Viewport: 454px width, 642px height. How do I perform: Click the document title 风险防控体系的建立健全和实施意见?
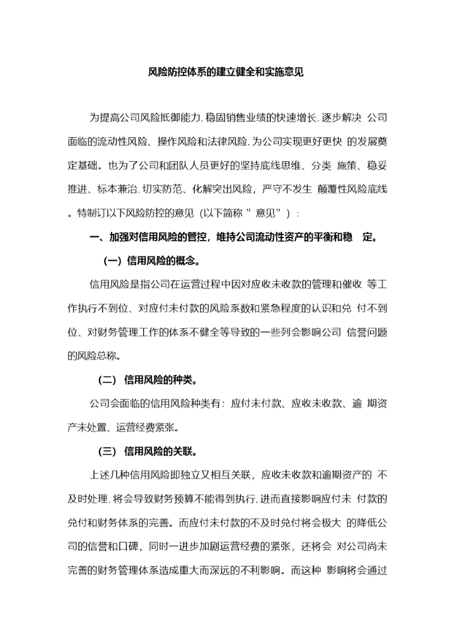[x=226, y=72]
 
